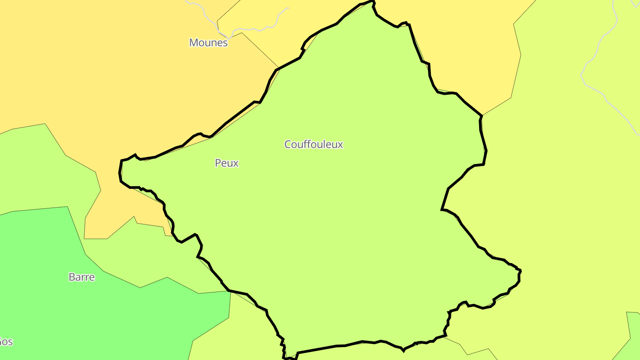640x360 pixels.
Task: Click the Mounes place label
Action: coord(208,43)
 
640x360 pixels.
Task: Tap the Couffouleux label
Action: coord(314,144)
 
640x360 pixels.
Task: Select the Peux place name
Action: coord(227,163)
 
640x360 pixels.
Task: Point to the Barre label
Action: coord(82,277)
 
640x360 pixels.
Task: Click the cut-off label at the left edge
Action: coord(5,342)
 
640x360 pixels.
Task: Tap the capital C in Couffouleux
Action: coord(288,144)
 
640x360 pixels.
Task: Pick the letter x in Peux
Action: coord(236,164)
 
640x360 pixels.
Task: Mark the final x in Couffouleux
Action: coord(340,145)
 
